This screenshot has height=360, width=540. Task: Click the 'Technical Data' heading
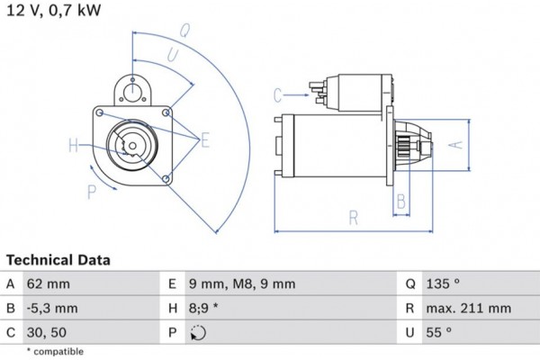point(58,260)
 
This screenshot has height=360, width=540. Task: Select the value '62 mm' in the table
point(48,283)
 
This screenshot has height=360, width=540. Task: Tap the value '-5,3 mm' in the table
point(53,308)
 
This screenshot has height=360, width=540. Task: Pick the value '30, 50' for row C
point(48,332)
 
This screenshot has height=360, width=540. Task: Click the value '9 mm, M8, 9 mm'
point(241,283)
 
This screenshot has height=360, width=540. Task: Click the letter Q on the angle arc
point(184,29)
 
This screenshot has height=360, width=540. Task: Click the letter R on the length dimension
point(354,217)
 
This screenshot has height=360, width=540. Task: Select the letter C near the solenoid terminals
point(278,94)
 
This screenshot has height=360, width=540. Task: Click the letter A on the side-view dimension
point(454,144)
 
